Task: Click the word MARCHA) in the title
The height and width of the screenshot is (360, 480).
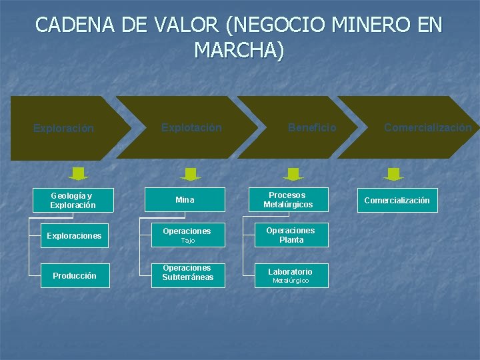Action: click(x=239, y=50)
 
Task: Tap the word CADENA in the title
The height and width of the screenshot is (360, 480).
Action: click(x=74, y=25)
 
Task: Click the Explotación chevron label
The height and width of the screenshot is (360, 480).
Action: click(x=191, y=127)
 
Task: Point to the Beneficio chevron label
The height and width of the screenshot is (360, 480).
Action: click(x=312, y=127)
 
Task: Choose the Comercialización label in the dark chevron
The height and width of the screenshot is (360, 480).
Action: click(x=427, y=127)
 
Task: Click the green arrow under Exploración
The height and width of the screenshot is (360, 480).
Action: click(x=79, y=174)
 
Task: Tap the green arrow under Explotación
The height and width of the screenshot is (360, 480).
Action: click(x=190, y=174)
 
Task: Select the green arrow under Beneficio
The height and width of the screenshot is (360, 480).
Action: click(x=293, y=174)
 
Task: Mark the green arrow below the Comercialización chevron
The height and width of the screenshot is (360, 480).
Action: click(x=394, y=174)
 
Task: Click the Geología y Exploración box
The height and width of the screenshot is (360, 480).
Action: click(x=73, y=201)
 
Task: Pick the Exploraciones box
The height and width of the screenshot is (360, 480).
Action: click(x=73, y=235)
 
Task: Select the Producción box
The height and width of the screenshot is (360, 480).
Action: click(x=73, y=275)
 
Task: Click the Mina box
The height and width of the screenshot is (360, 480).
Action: click(x=185, y=200)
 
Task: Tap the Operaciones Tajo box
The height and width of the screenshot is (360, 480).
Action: click(x=185, y=235)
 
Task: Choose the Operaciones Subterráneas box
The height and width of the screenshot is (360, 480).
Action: click(x=185, y=275)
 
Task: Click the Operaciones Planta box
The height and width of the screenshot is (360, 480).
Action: click(x=291, y=235)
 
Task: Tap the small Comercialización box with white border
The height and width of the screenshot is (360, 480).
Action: click(x=397, y=200)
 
